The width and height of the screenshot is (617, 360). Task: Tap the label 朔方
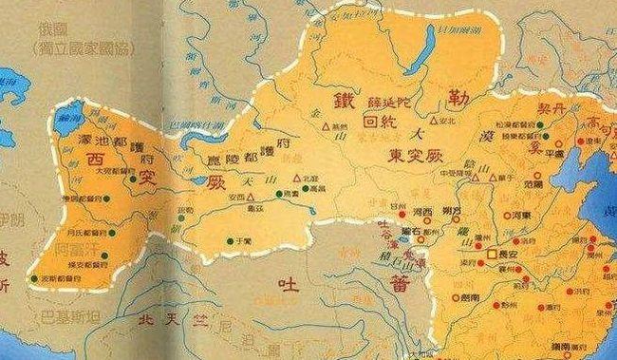click(x=454, y=210)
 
